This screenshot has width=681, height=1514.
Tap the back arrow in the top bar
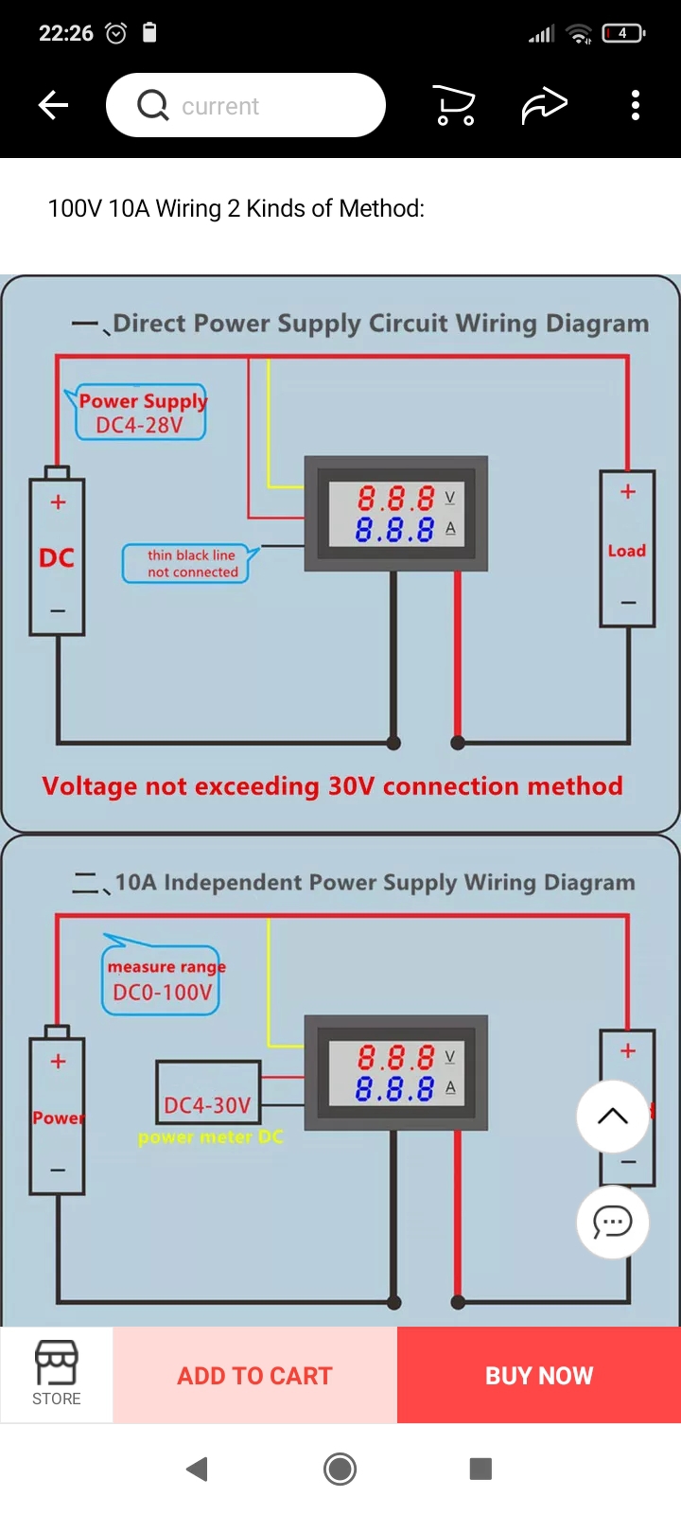[x=54, y=105]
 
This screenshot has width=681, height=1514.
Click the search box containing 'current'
[x=246, y=105]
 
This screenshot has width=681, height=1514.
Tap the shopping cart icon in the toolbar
[x=454, y=105]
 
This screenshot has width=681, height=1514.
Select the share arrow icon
[x=545, y=105]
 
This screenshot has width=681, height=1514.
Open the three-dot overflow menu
[x=636, y=105]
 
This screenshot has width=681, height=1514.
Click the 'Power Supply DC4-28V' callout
[x=141, y=414]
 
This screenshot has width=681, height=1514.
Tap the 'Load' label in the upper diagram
[x=626, y=551]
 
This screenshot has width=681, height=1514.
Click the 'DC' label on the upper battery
[x=57, y=558]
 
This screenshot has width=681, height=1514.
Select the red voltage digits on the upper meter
[x=395, y=498]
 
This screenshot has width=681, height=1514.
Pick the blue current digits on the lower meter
[x=395, y=1089]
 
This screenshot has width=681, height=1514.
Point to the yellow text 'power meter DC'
[x=210, y=1137]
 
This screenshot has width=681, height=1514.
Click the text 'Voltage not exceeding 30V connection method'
[x=332, y=786]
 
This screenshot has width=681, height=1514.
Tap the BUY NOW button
[x=539, y=1375]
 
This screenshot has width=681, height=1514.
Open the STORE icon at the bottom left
[x=57, y=1374]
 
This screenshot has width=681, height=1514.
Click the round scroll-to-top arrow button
[x=613, y=1116]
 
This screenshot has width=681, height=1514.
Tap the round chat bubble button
[x=613, y=1222]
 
